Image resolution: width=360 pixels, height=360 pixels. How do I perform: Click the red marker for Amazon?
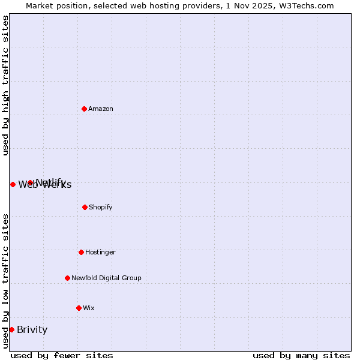point(84,109)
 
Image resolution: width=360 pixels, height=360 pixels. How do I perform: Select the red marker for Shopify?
point(85,207)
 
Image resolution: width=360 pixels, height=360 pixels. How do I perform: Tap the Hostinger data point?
point(81,252)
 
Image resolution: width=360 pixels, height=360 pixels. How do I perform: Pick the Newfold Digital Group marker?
point(67,278)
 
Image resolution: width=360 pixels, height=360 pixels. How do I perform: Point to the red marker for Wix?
point(79,308)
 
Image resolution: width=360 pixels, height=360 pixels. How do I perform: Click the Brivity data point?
point(11,329)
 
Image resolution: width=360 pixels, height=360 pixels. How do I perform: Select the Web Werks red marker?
point(13,184)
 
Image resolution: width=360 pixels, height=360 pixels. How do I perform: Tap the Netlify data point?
point(30,182)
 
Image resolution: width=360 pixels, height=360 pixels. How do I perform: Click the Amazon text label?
point(101,109)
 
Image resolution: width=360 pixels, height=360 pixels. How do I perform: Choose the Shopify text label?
point(101,207)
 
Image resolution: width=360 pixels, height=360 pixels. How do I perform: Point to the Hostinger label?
point(100,252)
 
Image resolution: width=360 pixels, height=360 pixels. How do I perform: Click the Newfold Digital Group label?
point(106,278)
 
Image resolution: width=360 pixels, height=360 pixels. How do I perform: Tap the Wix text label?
point(89,308)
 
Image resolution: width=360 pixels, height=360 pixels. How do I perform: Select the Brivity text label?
point(32,329)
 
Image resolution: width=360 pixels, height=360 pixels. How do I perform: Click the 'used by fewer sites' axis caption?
point(62,355)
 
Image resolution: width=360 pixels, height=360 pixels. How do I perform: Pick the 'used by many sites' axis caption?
point(301,355)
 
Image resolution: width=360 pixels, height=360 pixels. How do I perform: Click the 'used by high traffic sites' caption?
point(5,85)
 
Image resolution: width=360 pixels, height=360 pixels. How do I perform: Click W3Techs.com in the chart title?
point(307,5)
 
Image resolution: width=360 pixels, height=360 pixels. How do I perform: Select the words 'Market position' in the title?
point(52,5)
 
